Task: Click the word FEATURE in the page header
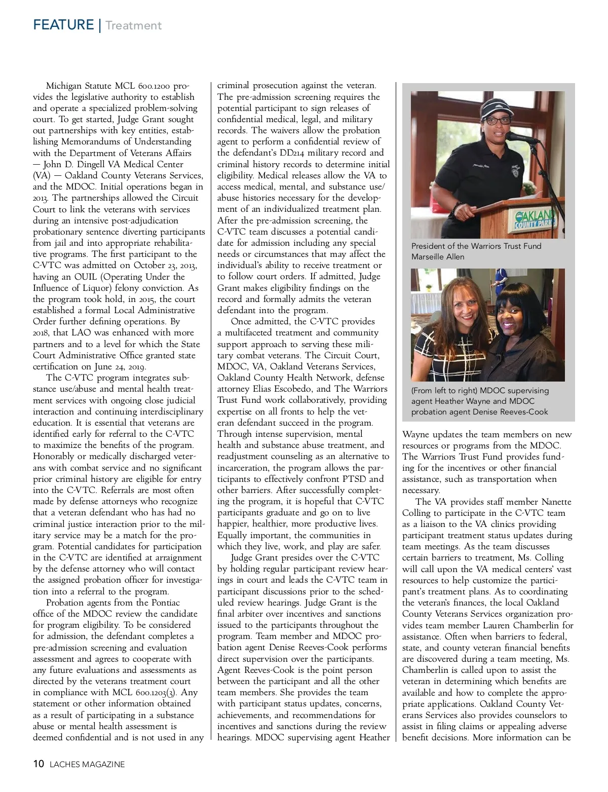pos(63,25)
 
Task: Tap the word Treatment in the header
pos(134,25)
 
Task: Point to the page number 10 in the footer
pos(39,764)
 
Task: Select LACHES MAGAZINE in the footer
pos(87,765)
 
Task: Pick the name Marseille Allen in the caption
pos(438,257)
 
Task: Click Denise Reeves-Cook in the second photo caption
pos(510,412)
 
